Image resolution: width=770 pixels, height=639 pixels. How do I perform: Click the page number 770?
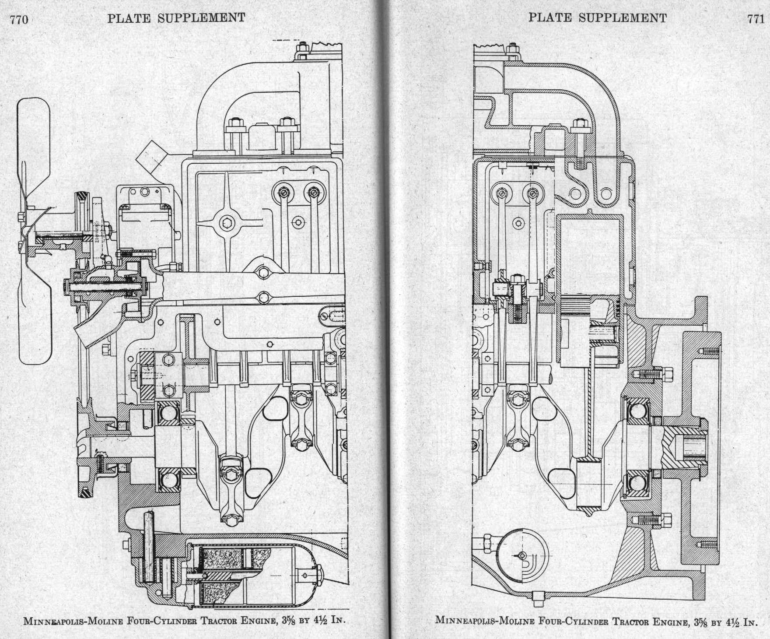click(19, 19)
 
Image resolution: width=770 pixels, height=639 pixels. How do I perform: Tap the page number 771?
click(756, 19)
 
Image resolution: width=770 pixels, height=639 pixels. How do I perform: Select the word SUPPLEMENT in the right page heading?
click(622, 18)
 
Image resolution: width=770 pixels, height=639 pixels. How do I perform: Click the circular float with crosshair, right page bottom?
click(522, 555)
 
